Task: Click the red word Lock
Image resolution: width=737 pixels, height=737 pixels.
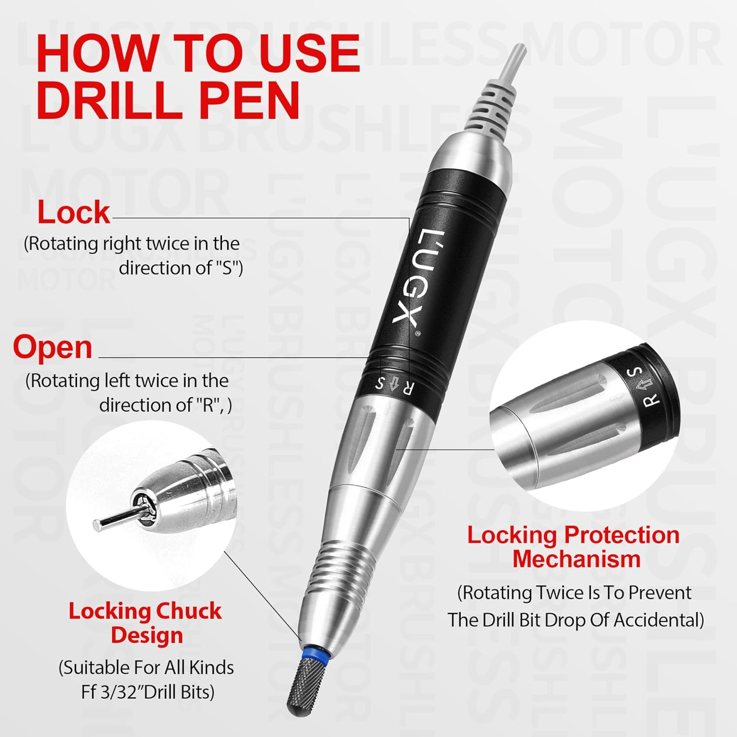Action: (x=74, y=212)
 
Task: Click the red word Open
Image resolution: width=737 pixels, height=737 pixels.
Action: (x=53, y=348)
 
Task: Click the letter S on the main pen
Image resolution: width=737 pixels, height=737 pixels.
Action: (x=380, y=383)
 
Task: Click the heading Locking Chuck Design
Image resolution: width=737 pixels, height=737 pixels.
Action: (x=145, y=623)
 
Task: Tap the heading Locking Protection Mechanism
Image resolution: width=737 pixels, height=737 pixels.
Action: (x=574, y=547)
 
